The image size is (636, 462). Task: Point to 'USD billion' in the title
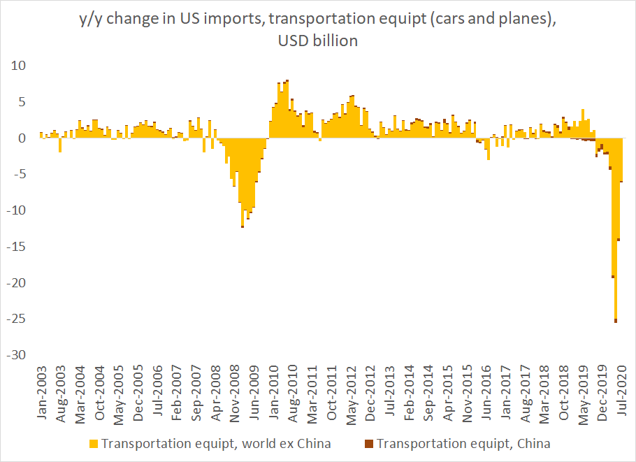(x=317, y=41)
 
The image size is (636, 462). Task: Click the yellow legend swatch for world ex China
(x=93, y=443)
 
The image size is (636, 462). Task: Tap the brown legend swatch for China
(x=370, y=443)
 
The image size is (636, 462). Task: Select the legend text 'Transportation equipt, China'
(x=463, y=443)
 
